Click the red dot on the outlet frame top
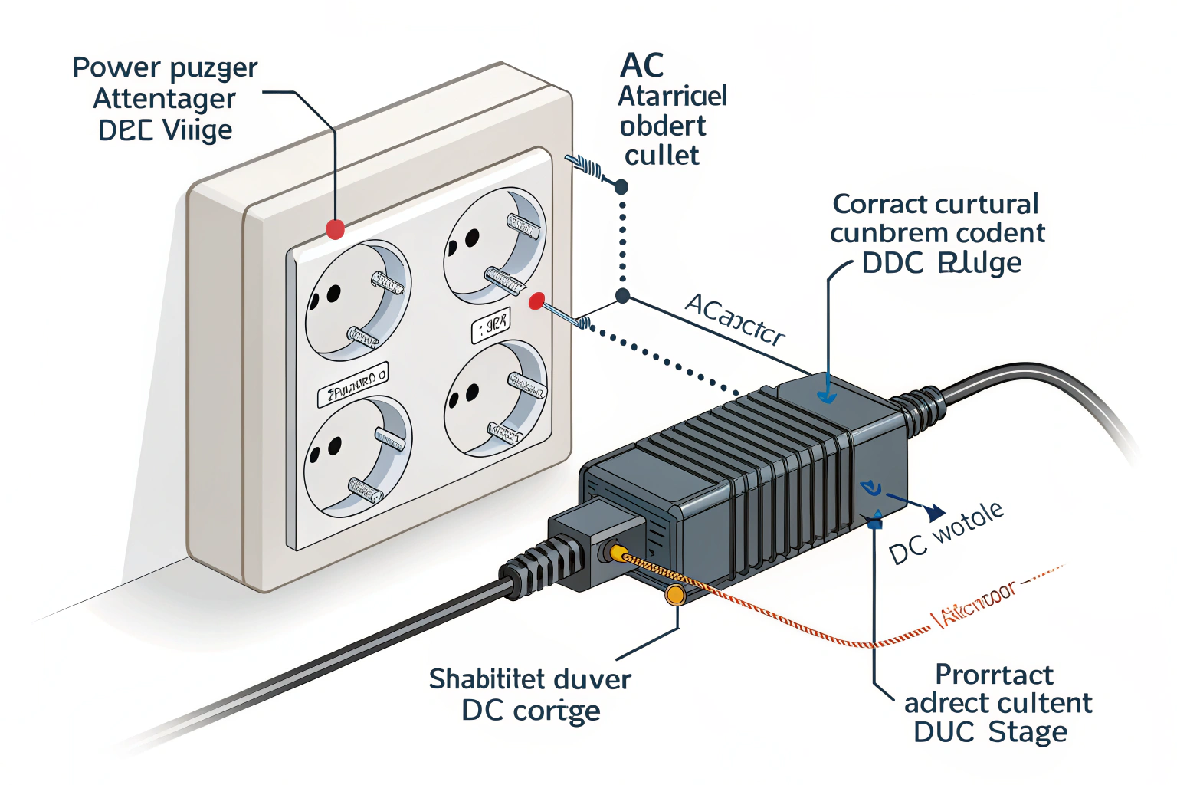(x=335, y=228)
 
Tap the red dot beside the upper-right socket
(x=536, y=301)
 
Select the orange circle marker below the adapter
(x=675, y=594)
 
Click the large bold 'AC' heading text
(x=642, y=66)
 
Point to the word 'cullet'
(x=661, y=156)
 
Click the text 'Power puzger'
(x=165, y=68)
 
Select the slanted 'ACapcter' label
(x=734, y=320)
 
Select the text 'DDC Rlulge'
(x=941, y=263)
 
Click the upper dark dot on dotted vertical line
(x=621, y=186)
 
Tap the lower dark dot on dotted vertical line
(x=622, y=296)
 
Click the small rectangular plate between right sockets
(x=490, y=325)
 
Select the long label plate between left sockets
(x=353, y=385)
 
